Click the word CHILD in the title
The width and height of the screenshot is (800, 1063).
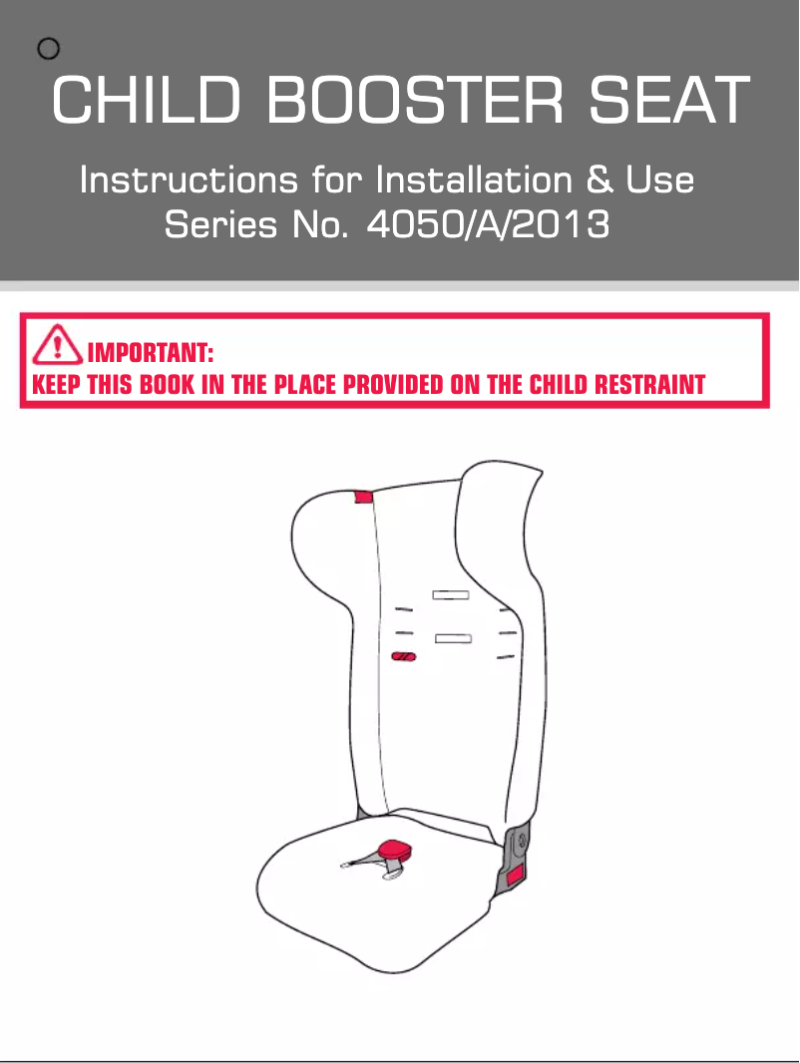(x=147, y=100)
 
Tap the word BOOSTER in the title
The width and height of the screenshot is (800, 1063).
(x=415, y=100)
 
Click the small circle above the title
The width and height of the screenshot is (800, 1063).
(x=48, y=48)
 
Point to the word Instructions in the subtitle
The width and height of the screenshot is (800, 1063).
(x=190, y=180)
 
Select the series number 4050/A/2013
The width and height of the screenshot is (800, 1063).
(x=488, y=224)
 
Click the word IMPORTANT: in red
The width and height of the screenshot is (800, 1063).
(x=151, y=353)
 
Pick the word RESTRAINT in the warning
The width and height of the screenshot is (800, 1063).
(x=649, y=384)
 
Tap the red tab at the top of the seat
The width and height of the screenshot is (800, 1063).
(x=364, y=497)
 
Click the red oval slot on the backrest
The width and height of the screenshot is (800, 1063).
(x=403, y=656)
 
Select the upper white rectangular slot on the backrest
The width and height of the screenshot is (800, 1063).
(x=451, y=595)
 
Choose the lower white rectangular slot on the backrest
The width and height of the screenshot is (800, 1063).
(x=454, y=638)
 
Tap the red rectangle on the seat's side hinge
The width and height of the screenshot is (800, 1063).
(x=516, y=876)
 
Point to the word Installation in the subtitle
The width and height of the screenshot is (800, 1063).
(x=474, y=180)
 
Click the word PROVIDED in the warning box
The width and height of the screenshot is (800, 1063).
(x=393, y=384)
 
